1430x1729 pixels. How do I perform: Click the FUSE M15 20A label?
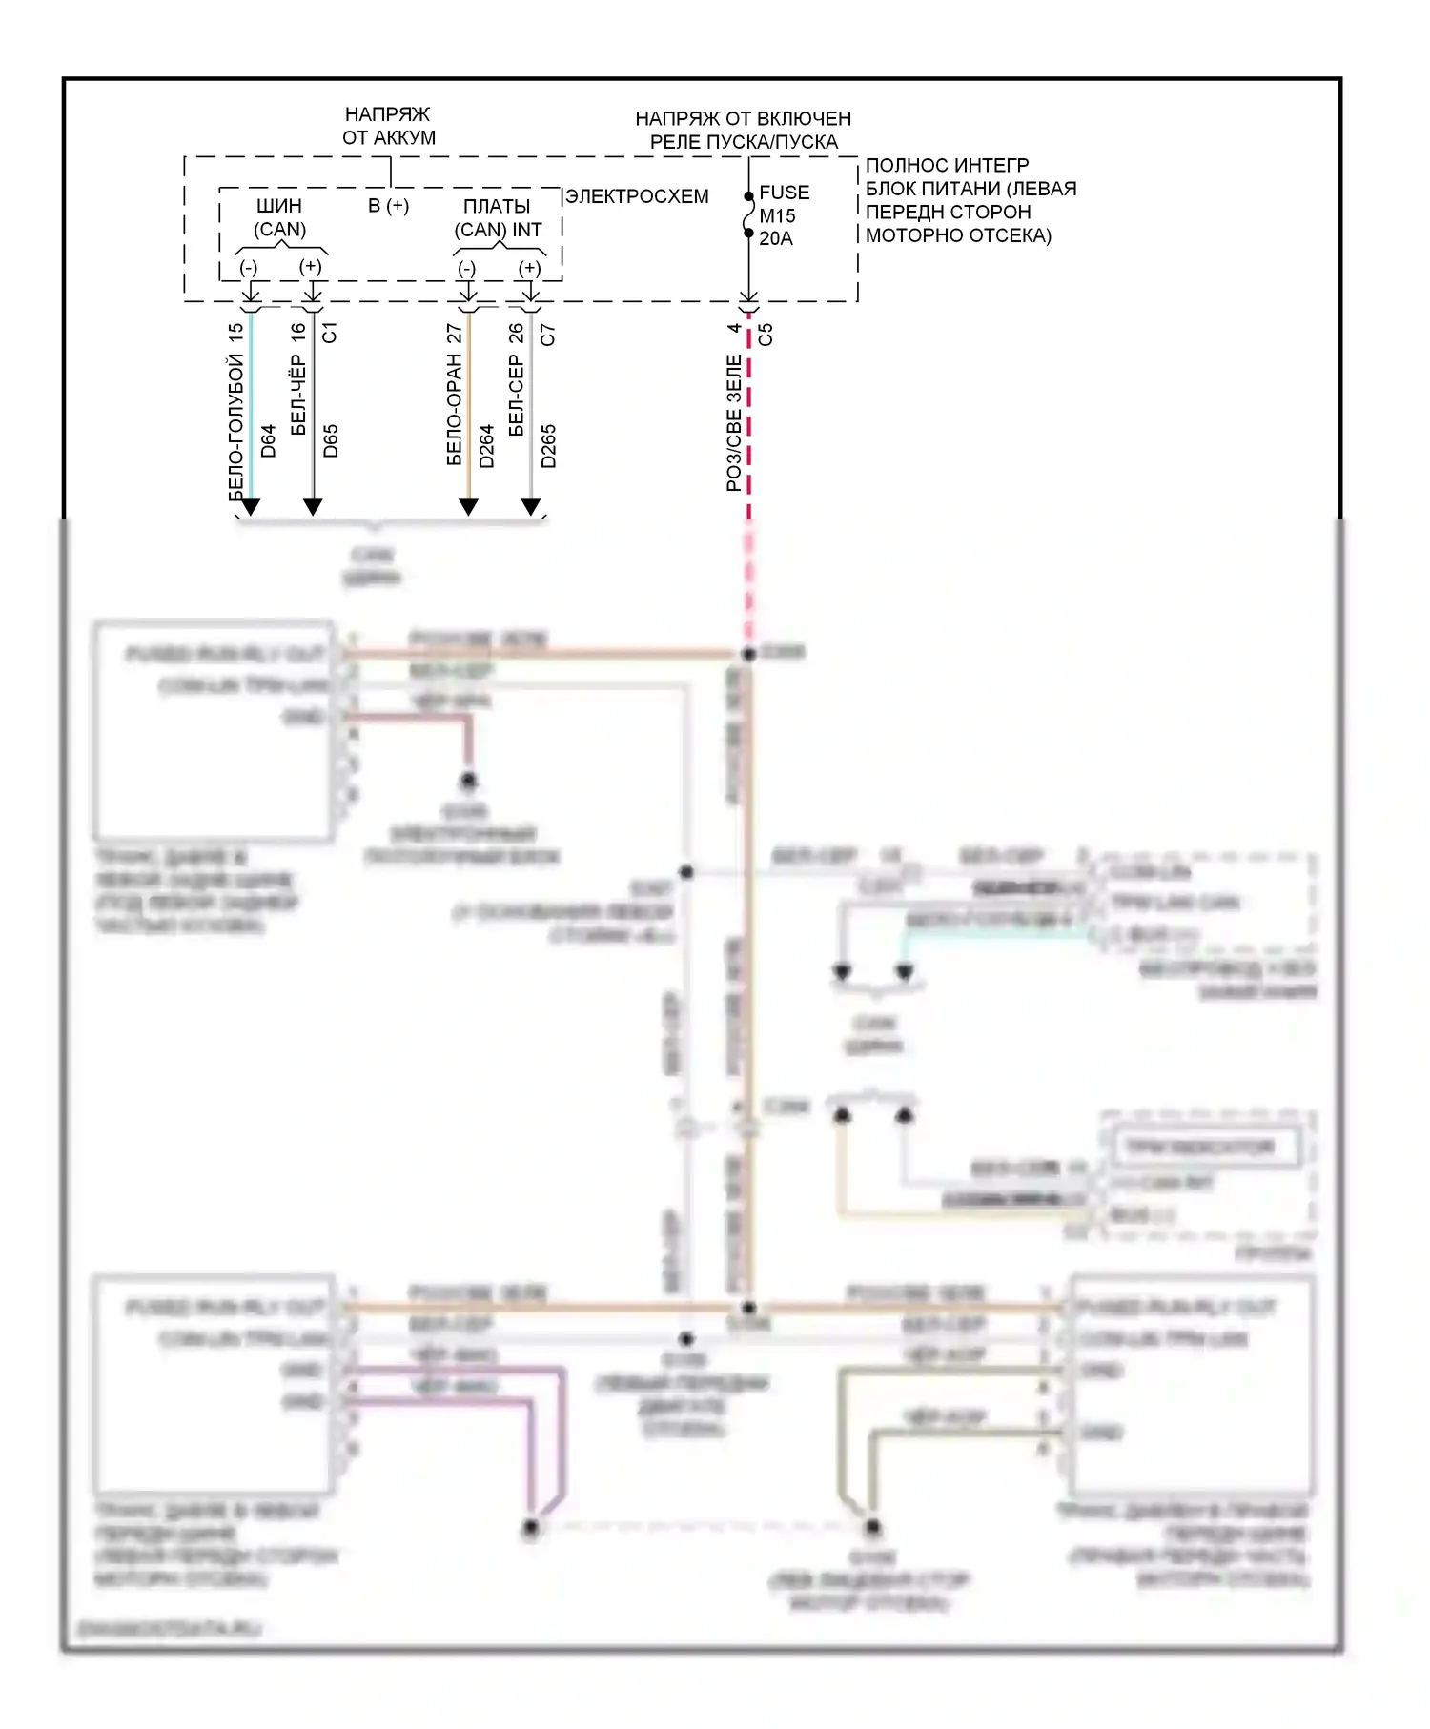click(783, 215)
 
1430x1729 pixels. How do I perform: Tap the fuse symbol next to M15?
click(749, 215)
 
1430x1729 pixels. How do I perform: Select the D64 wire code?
click(268, 440)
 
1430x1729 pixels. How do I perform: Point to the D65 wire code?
click(331, 440)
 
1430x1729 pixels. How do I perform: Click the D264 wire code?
click(486, 445)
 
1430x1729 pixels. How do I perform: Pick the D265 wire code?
click(548, 445)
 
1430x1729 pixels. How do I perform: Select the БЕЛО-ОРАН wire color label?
click(454, 410)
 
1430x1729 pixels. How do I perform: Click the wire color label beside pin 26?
click(517, 396)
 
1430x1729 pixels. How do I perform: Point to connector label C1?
click(330, 333)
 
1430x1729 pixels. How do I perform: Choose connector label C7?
click(547, 335)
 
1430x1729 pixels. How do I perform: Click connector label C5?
click(765, 335)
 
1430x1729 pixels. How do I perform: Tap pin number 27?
click(454, 333)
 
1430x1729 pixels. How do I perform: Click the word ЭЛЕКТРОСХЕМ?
click(637, 196)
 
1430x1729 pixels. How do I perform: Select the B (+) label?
click(389, 205)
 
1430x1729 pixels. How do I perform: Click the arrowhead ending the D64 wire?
click(251, 507)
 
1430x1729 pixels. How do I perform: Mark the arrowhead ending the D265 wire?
click(531, 507)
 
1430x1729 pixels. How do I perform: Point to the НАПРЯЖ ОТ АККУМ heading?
click(388, 126)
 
